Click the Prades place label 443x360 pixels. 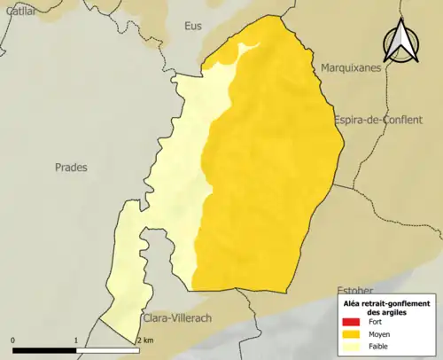pos(71,167)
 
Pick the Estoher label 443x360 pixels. pos(357,291)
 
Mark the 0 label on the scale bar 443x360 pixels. pos(13,340)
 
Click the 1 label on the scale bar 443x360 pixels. pos(76,340)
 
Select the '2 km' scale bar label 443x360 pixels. pos(145,340)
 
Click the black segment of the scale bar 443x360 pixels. pos(44,351)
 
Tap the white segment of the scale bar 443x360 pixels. pos(107,351)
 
